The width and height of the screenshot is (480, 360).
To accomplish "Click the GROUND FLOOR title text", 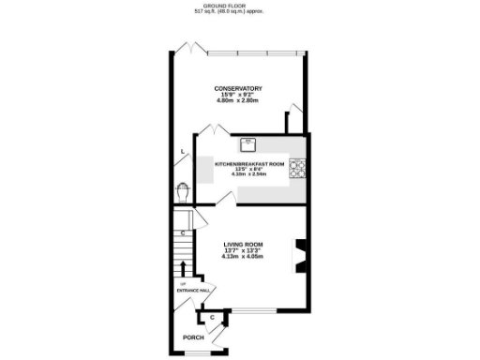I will tap(240, 5).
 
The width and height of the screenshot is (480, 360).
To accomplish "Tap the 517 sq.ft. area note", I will tap(240, 11).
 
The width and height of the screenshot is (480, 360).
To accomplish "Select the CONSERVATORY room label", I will tap(238, 88).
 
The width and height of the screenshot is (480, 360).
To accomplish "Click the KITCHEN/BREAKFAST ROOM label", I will tap(248, 163).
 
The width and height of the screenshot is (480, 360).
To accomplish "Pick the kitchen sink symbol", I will tap(249, 144).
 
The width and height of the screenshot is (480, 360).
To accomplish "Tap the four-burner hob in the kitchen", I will tap(299, 169).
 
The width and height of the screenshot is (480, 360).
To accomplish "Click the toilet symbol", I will tap(182, 192).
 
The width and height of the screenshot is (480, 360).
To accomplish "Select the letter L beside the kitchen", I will tap(182, 152).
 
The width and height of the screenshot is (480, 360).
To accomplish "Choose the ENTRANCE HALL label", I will tap(194, 291).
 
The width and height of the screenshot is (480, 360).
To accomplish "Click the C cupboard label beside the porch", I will tap(214, 318).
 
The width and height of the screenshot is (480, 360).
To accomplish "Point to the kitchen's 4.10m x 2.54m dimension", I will tap(248, 174).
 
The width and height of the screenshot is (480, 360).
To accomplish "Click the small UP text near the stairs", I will tap(183, 283).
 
